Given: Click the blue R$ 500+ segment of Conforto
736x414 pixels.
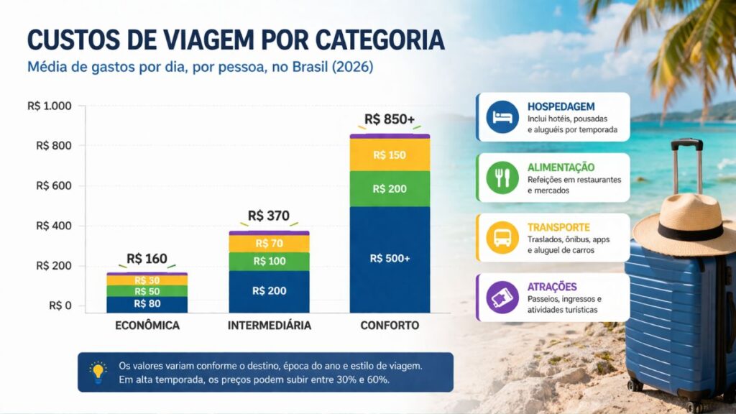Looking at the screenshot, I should (x=390, y=259).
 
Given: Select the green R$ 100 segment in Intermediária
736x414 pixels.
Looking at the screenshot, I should (x=269, y=261).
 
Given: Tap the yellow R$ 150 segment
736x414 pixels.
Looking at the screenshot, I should (x=390, y=155).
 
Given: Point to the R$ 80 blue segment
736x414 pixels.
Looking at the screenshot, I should (x=147, y=304).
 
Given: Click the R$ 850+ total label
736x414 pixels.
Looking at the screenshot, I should (x=390, y=119).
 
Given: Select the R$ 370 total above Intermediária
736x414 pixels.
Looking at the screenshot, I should (x=269, y=216).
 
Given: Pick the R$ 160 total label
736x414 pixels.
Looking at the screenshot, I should (x=147, y=259).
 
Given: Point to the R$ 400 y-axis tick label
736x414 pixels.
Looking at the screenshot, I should (x=53, y=226).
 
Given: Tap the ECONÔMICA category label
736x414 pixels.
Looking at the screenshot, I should (x=147, y=326).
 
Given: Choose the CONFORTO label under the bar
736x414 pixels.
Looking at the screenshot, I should (x=390, y=326).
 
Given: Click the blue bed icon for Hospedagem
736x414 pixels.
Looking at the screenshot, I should (x=502, y=116).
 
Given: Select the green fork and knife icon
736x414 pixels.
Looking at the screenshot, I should (x=502, y=177).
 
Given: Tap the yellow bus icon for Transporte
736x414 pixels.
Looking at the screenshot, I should (x=502, y=237).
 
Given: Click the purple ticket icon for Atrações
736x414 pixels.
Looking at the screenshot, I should (x=502, y=297).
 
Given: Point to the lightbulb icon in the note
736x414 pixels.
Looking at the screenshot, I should (x=98, y=372).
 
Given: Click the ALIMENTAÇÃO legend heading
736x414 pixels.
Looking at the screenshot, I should (x=561, y=167).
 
